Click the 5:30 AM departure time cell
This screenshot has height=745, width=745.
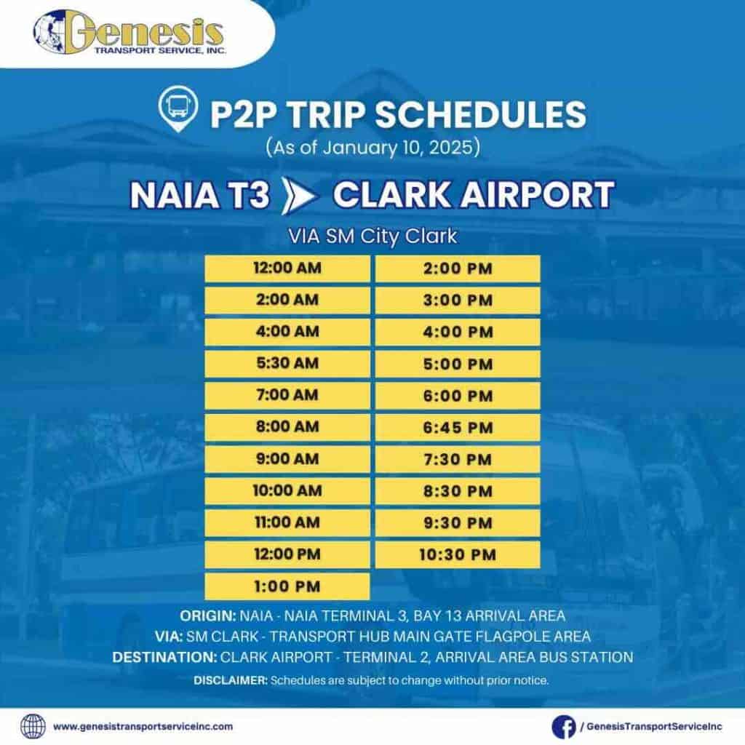click(287, 364)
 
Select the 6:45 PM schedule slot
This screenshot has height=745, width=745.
click(458, 428)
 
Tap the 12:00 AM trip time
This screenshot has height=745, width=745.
click(287, 268)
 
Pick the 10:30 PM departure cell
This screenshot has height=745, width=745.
click(458, 555)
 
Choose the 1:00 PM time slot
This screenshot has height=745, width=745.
click(287, 586)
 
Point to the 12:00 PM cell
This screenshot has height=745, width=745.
click(287, 554)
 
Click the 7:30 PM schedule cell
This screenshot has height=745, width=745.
click(458, 460)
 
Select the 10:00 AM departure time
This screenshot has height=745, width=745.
click(287, 491)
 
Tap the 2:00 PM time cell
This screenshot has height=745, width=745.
click(458, 268)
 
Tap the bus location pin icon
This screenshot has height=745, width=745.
click(178, 109)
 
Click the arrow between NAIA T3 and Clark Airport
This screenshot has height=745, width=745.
click(298, 196)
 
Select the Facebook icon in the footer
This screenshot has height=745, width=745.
click(564, 727)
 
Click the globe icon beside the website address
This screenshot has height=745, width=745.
click(33, 727)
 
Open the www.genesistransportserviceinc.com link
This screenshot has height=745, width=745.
click(143, 727)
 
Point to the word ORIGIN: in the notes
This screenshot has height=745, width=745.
click(207, 615)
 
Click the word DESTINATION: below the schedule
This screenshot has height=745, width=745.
click(164, 657)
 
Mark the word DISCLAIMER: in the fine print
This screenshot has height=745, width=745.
click(231, 680)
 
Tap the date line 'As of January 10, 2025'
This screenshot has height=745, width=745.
click(373, 147)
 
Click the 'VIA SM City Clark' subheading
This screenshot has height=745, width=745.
click(373, 236)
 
